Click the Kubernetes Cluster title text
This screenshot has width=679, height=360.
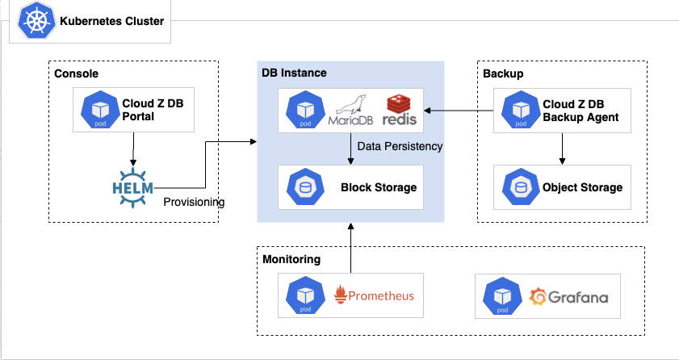coord(111,22)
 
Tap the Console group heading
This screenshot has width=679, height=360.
coord(76,73)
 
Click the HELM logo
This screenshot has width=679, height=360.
coord(132,186)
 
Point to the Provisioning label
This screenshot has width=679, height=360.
coord(193,202)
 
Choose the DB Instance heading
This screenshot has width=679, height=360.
coord(294,73)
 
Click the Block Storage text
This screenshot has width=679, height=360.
coord(379,187)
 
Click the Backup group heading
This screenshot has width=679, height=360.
coord(503,73)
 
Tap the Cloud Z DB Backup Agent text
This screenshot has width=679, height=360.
coord(581,111)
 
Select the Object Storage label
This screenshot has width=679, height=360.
coord(582,187)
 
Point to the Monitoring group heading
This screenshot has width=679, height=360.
coord(291,259)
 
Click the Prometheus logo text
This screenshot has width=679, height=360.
coord(374,295)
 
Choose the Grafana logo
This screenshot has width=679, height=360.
coord(568,297)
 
